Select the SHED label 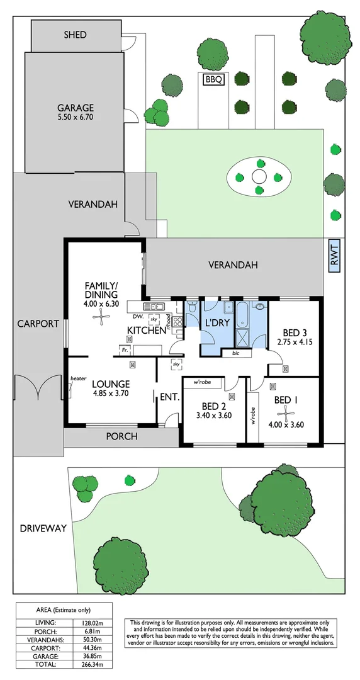click(x=75, y=35)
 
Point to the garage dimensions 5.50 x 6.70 click(x=76, y=117)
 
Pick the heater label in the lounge click(x=79, y=378)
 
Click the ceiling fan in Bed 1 click(x=286, y=414)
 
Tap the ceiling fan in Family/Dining click(x=101, y=317)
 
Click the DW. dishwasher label click(x=139, y=318)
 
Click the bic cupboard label click(x=235, y=354)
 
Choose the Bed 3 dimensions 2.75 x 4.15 click(x=295, y=343)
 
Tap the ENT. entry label click(x=170, y=398)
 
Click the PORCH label click(x=121, y=436)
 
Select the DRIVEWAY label click(x=42, y=528)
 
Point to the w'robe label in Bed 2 click(x=203, y=382)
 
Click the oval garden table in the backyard click(x=259, y=176)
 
